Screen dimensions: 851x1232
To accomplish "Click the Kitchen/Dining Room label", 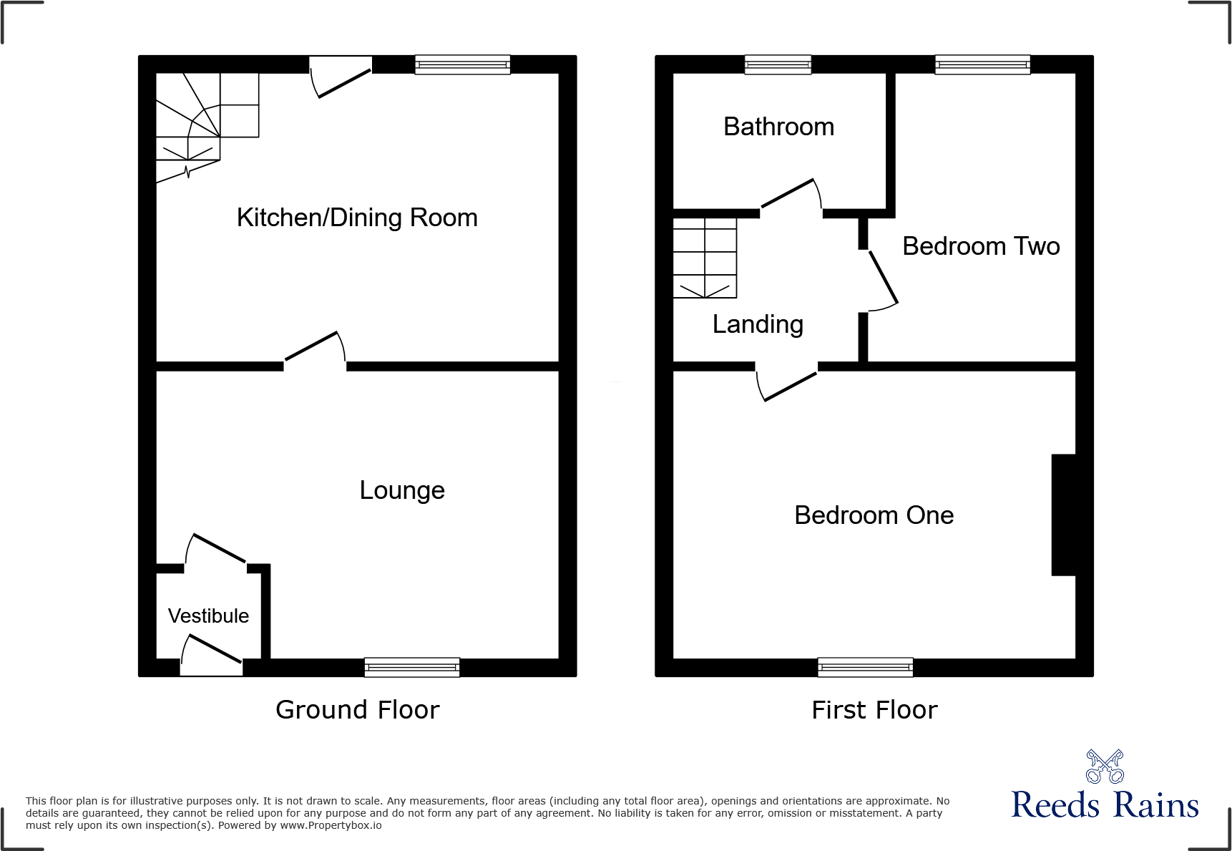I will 357,218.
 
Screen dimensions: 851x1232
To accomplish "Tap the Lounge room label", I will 402,490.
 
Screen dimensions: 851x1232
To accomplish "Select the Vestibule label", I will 208,616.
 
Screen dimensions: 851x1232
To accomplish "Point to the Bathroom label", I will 778,127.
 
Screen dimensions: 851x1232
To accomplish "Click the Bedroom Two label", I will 981,246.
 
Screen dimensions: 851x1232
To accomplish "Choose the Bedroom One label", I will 874,515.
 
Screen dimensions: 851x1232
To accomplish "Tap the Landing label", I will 758,324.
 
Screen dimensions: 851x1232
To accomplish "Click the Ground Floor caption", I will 357,710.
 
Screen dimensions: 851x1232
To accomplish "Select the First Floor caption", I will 874,710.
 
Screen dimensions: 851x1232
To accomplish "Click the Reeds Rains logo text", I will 1105,805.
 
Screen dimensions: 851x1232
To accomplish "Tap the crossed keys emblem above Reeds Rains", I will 1105,767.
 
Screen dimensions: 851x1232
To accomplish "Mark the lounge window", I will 412,667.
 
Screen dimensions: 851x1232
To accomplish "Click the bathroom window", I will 778,64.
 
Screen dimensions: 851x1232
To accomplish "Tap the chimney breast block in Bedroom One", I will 1063,515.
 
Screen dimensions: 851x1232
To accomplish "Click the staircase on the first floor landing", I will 705,258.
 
